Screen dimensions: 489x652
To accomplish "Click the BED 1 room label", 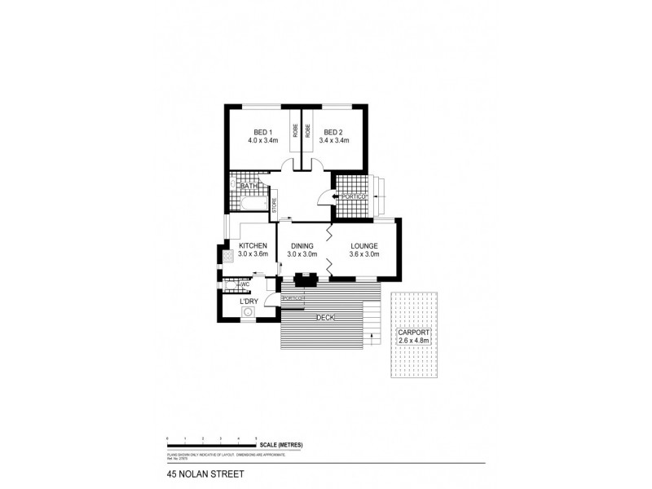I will tap(262, 132).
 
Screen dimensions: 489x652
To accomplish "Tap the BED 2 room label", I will tap(333, 132).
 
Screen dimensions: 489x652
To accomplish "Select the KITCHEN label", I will tap(253, 246).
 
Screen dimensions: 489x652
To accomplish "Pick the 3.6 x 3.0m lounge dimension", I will tap(364, 254).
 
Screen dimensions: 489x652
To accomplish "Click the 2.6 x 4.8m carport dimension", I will tap(413, 341).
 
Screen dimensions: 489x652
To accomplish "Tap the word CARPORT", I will tap(413, 333).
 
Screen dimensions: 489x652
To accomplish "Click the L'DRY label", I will tap(249, 302).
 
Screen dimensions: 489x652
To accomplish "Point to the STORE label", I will tap(275, 205).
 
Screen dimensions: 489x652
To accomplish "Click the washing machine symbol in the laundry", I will tap(248, 311).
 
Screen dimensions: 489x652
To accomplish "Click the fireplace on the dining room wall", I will tap(307, 278).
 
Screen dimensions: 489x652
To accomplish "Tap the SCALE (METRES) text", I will tap(281, 444).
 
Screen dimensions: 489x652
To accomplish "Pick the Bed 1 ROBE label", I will tap(295, 130).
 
